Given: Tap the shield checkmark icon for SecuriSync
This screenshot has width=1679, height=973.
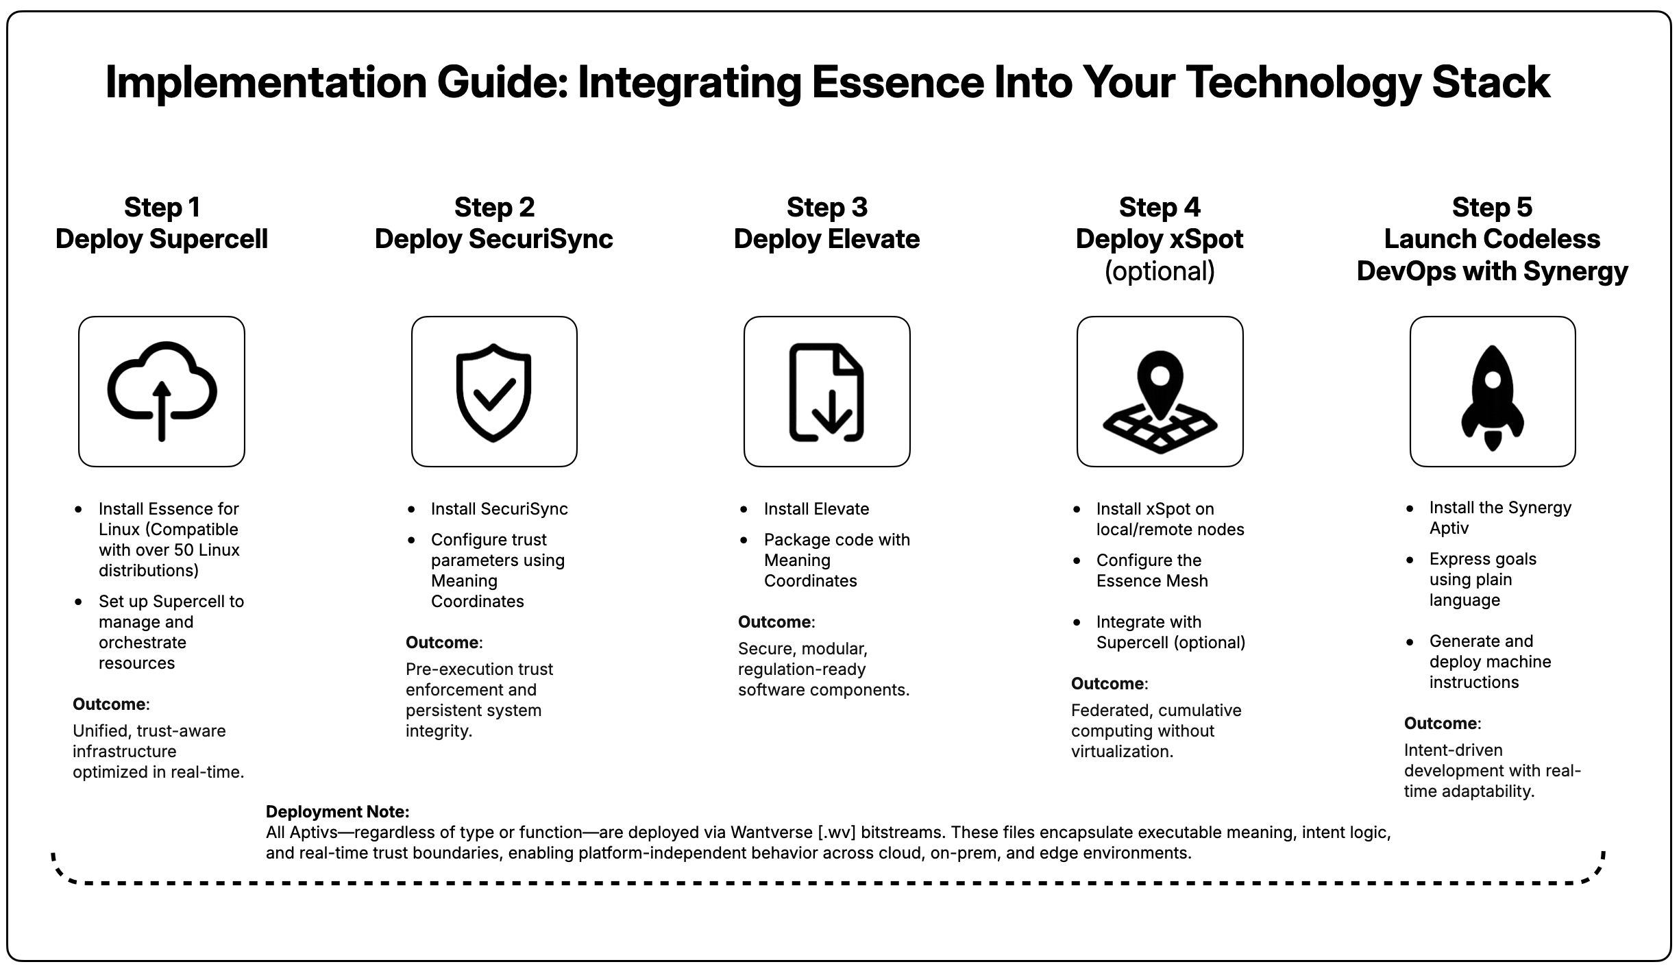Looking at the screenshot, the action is (x=494, y=392).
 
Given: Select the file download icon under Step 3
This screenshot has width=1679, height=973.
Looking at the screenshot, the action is (x=826, y=392).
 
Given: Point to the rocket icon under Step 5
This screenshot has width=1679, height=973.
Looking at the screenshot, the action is (x=1493, y=397).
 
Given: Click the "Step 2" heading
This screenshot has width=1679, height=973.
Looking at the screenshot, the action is (x=494, y=207).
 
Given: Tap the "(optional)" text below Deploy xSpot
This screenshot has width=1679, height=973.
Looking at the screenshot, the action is (x=1160, y=271).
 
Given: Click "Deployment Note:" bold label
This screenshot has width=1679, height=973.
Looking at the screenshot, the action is (x=337, y=812).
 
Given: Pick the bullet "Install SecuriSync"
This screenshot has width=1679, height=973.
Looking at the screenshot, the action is (x=499, y=509).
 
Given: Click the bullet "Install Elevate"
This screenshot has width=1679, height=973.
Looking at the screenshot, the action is (x=816, y=509).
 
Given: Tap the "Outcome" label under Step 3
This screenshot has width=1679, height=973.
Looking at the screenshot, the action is (x=774, y=622).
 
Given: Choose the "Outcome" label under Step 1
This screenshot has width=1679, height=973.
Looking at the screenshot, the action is (x=109, y=704).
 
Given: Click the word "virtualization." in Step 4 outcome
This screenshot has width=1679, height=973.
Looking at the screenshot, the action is (x=1122, y=752).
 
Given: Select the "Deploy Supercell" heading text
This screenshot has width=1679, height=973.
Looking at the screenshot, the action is (x=162, y=239).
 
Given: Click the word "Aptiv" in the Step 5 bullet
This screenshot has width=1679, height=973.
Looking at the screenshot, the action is (x=1449, y=528).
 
